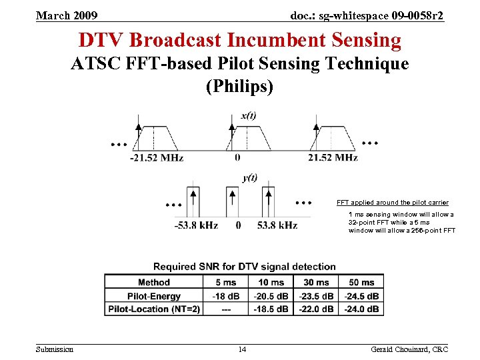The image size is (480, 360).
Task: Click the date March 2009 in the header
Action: [x=67, y=15]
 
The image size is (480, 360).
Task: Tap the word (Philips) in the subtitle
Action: [x=240, y=87]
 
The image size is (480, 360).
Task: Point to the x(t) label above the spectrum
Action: [x=247, y=116]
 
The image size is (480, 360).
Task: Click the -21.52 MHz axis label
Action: [x=156, y=158]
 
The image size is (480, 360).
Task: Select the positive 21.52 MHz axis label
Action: [x=333, y=158]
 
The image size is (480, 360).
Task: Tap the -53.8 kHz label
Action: [x=196, y=225]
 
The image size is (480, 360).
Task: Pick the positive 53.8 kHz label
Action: [x=277, y=225]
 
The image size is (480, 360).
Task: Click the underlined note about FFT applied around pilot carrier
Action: [x=392, y=202]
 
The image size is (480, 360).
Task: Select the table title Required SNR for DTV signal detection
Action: [x=245, y=267]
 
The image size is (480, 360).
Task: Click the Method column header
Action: [x=154, y=282]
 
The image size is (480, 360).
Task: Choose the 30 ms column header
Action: [x=316, y=282]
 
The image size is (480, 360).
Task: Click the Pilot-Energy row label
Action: [x=154, y=296]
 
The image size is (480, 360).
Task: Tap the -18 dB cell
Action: [x=225, y=296]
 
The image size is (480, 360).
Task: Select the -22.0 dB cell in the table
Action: [x=316, y=309]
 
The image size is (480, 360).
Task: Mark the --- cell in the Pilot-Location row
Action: [x=225, y=309]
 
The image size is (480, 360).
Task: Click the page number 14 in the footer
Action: [x=243, y=349]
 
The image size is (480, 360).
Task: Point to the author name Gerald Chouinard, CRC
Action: [x=409, y=349]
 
